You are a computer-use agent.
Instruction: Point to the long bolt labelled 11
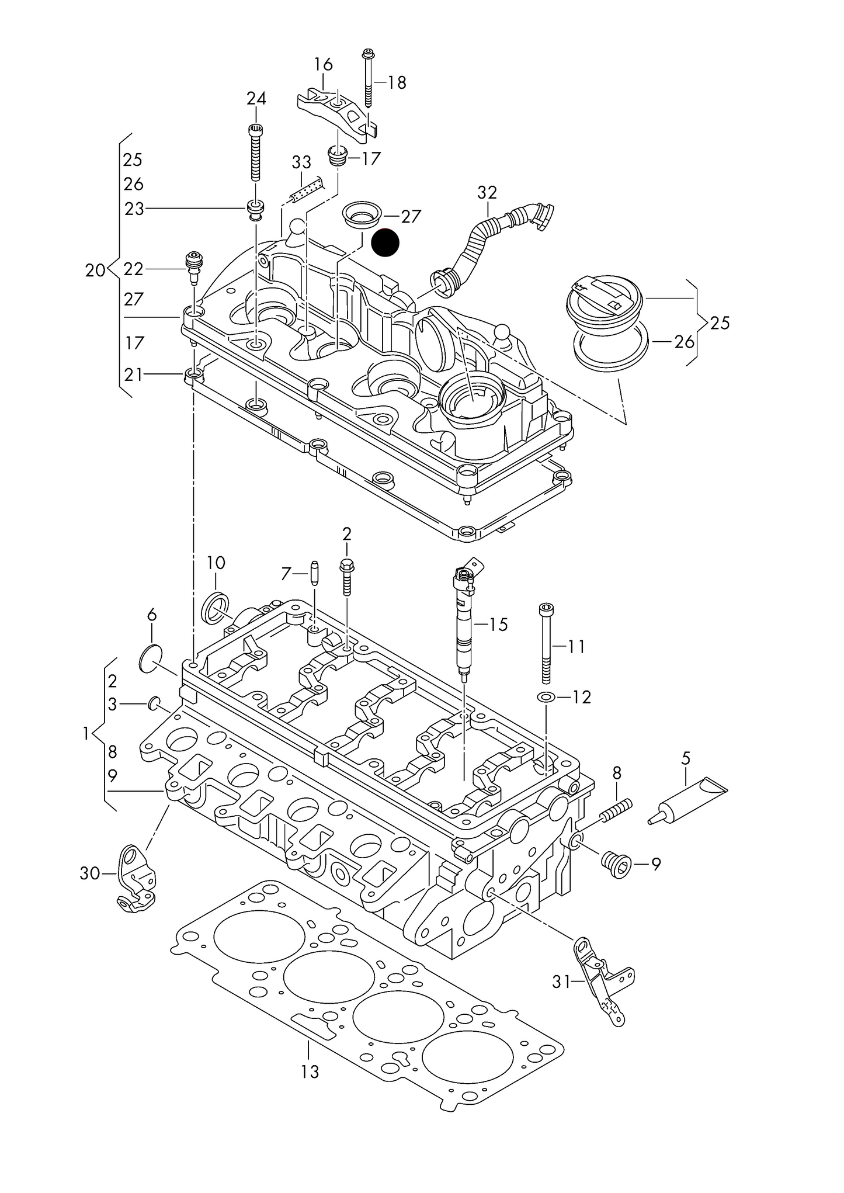pyautogui.click(x=546, y=643)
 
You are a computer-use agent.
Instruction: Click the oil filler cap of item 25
pyautogui.click(x=605, y=301)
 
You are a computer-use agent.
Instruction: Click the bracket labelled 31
pyautogui.click(x=600, y=982)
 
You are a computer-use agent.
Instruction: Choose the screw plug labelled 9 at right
pyautogui.click(x=614, y=864)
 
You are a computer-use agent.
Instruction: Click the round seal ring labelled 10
pyautogui.click(x=216, y=608)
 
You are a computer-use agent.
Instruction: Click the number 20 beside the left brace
pyautogui.click(x=95, y=270)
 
